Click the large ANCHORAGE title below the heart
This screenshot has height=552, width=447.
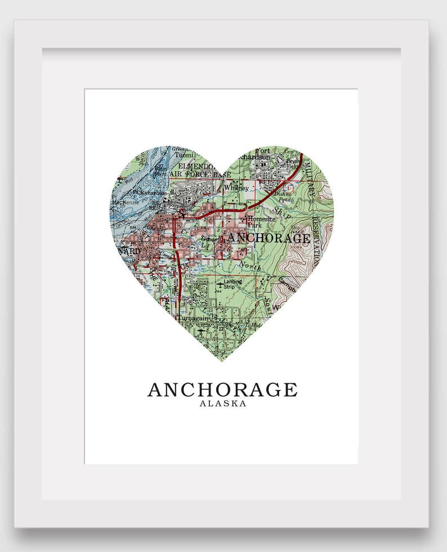click(x=222, y=389)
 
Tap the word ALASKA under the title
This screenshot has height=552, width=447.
click(x=223, y=403)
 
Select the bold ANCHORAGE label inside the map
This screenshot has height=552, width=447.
click(x=269, y=238)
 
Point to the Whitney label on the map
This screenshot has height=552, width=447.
click(x=236, y=188)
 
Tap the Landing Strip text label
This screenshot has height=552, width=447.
click(x=233, y=284)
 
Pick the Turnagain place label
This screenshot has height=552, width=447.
click(x=193, y=318)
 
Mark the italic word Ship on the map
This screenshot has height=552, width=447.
click(x=283, y=212)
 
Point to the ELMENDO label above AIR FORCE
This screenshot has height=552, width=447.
click(x=195, y=167)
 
